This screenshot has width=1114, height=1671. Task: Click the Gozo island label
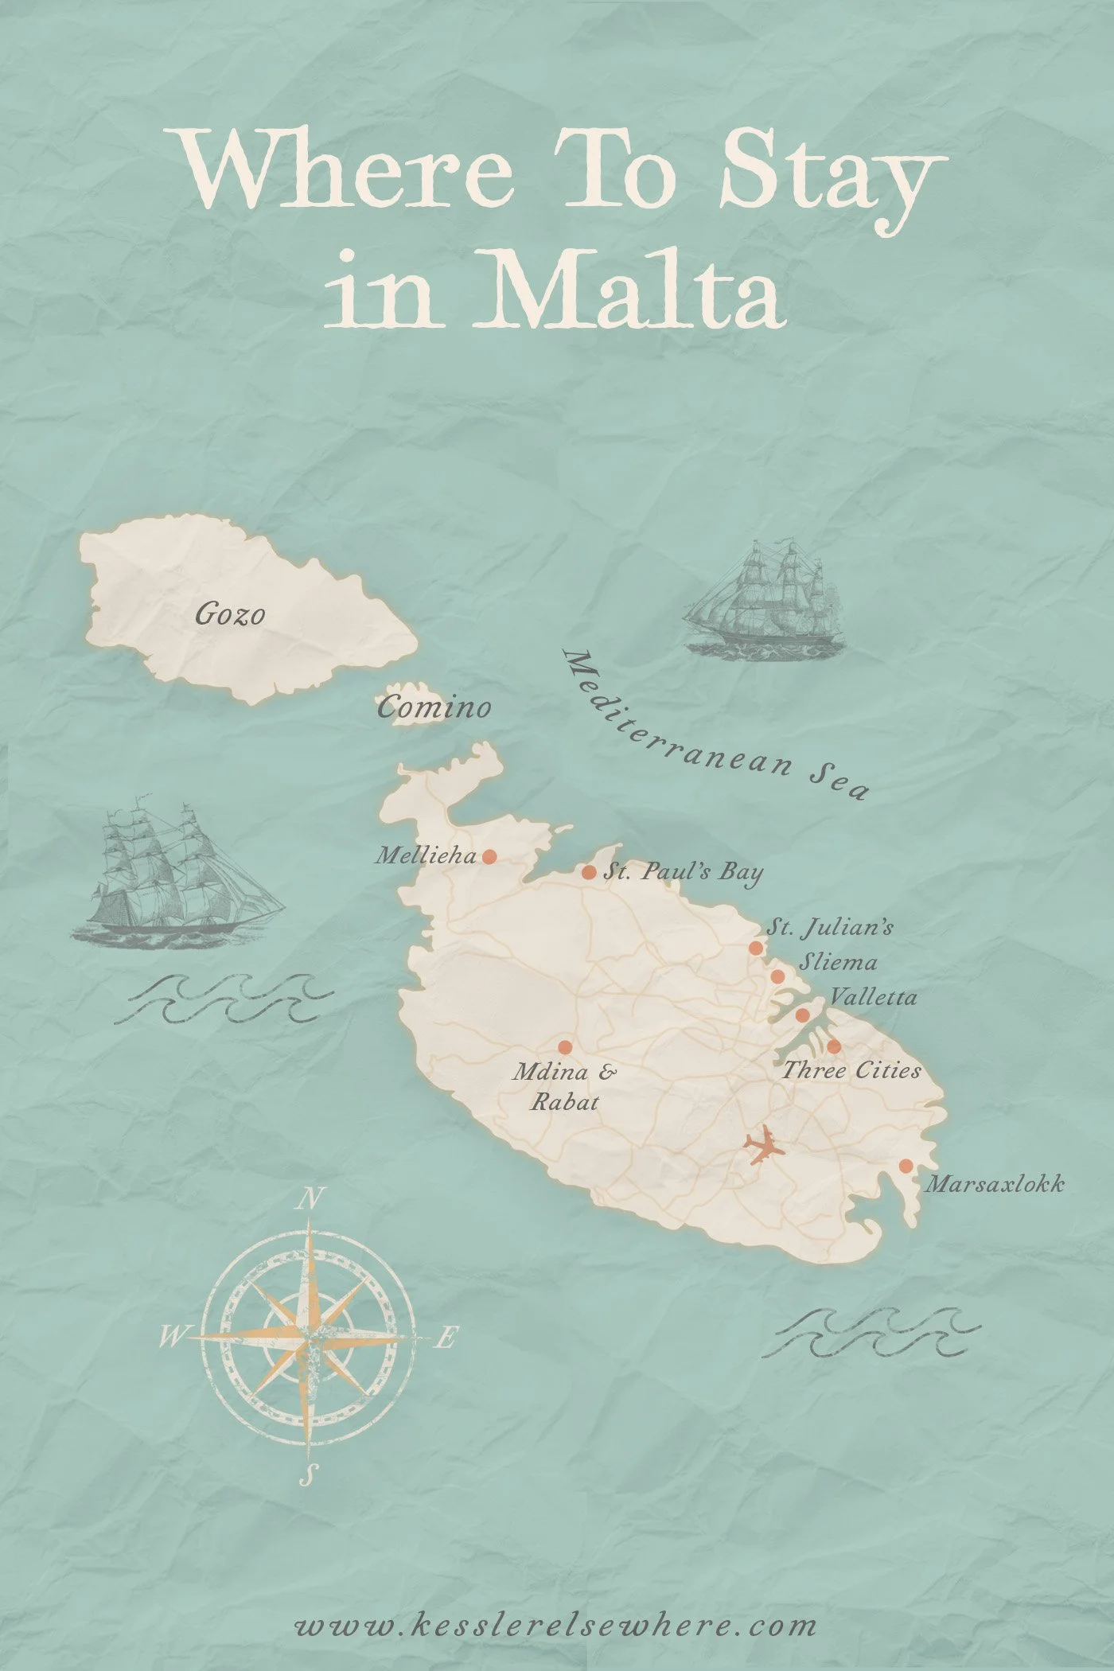tap(230, 614)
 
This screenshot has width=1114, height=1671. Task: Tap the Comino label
tap(434, 707)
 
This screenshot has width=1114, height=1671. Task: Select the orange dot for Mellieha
tap(490, 856)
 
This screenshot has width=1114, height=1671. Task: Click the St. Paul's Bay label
tap(683, 872)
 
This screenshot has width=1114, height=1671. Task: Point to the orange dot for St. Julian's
tap(755, 948)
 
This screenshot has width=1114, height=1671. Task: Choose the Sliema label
tap(839, 962)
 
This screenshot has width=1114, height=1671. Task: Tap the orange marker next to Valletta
tap(803, 1015)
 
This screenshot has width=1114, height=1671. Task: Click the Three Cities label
tap(851, 1070)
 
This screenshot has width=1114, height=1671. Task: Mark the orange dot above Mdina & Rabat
tap(565, 1046)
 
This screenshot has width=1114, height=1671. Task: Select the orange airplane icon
tap(763, 1146)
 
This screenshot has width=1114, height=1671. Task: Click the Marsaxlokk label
tap(995, 1185)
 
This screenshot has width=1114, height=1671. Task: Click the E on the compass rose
tap(446, 1338)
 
